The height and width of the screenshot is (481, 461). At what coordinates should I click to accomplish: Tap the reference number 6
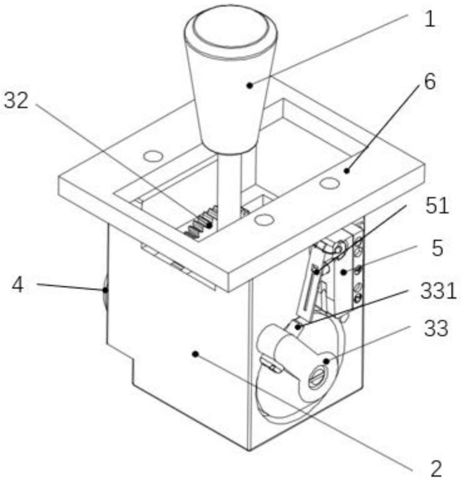coord(430,82)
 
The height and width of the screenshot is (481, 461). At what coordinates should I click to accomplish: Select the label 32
coord(16,100)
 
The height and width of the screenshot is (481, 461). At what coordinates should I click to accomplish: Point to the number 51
coord(437,205)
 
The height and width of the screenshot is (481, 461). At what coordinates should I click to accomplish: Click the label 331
coord(438,291)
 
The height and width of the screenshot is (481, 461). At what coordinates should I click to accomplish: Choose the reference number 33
coord(436,328)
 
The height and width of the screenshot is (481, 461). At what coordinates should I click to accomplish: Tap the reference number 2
coord(436,468)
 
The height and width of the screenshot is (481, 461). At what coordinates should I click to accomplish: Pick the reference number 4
coord(18,285)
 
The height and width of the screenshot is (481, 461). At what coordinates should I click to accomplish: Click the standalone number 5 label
coord(437,248)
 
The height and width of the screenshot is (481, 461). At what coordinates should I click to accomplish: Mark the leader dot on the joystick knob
coord(250,85)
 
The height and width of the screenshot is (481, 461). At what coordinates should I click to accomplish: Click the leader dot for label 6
coord(346,171)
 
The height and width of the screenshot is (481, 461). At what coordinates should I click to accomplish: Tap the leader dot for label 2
coord(195,354)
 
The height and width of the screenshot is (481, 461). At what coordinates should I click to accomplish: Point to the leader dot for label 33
coord(327,361)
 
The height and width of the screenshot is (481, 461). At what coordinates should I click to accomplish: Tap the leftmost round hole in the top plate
coord(153,156)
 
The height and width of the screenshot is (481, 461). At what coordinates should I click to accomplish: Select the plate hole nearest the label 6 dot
coord(330,183)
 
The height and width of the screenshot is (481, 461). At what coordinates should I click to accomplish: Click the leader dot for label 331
coord(297,327)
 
